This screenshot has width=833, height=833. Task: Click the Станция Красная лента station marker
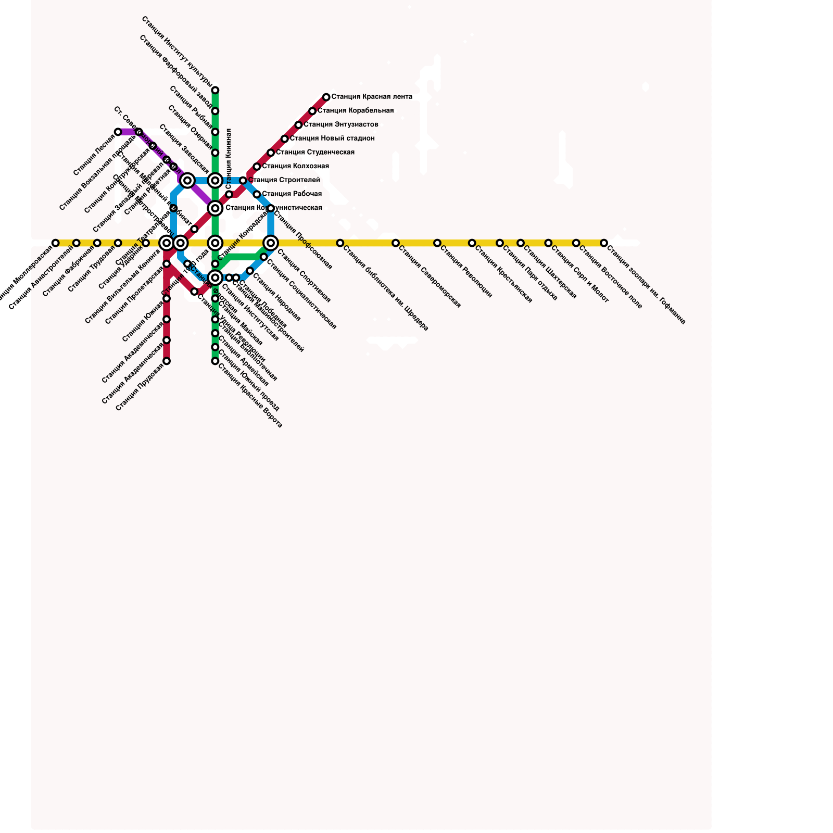(x=326, y=97)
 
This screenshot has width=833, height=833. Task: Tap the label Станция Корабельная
(x=356, y=111)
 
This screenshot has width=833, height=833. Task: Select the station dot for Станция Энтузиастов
(x=298, y=125)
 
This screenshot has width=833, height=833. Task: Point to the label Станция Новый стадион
(x=332, y=138)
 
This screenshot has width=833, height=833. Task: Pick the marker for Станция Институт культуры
(x=215, y=91)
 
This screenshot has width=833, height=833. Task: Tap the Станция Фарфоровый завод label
(x=176, y=71)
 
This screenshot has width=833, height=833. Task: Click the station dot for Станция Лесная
(x=118, y=132)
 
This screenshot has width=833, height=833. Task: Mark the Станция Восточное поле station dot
(x=576, y=243)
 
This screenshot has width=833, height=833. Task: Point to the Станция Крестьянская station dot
(x=472, y=243)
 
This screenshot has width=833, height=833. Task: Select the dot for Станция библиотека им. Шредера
(x=340, y=243)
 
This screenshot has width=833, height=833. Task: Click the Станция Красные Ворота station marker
(x=215, y=361)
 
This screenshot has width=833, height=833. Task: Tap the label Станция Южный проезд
(x=248, y=381)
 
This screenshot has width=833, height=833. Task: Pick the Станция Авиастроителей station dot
(x=77, y=243)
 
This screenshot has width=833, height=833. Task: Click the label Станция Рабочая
(x=292, y=194)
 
